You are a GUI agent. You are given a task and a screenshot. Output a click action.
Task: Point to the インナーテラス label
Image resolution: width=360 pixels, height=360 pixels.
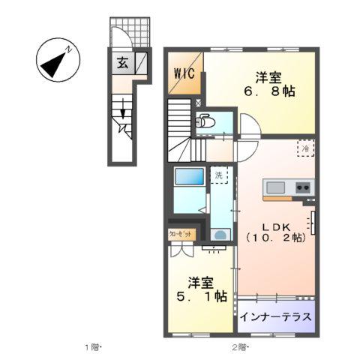coord(275,316)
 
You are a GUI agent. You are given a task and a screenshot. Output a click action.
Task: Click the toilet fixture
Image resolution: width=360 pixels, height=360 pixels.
coord(203,121)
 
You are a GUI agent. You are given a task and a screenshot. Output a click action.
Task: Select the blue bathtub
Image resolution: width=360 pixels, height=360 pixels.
coord(188,178)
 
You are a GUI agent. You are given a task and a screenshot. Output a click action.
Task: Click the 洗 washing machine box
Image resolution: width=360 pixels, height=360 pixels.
coord(219,176)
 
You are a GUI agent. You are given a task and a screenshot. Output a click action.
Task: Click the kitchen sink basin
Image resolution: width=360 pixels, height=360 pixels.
coord(274,187)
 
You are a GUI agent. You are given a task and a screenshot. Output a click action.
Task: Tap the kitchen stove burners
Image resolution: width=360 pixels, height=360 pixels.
coord(304,187)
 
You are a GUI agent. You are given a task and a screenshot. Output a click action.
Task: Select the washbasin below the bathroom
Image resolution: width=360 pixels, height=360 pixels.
coord(220,234)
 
